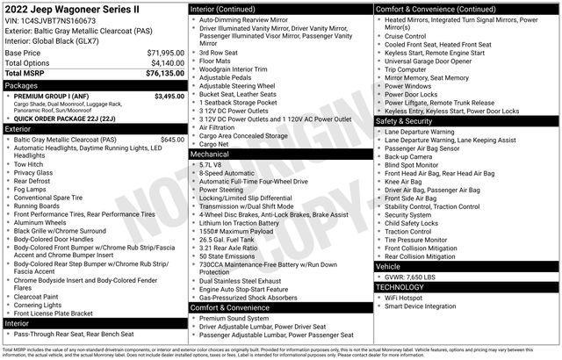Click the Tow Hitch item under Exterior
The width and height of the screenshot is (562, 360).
28,163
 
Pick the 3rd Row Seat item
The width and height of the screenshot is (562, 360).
218,52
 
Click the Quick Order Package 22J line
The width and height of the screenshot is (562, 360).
69,117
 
